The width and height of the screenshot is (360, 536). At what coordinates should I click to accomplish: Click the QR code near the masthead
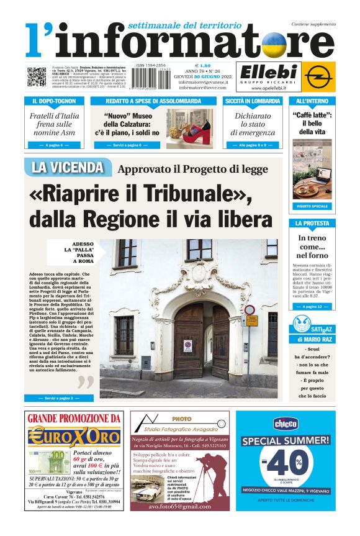[x=36, y=77]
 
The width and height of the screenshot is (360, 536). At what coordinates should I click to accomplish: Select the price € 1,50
[x=203, y=65]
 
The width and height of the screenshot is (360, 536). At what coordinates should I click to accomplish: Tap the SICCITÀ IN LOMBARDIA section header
[x=253, y=101]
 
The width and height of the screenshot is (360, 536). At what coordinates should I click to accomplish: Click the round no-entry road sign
[x=250, y=309]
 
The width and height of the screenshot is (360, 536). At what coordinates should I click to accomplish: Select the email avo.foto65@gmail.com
[x=173, y=506]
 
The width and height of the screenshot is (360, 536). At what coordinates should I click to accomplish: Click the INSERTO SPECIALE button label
[x=312, y=206]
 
